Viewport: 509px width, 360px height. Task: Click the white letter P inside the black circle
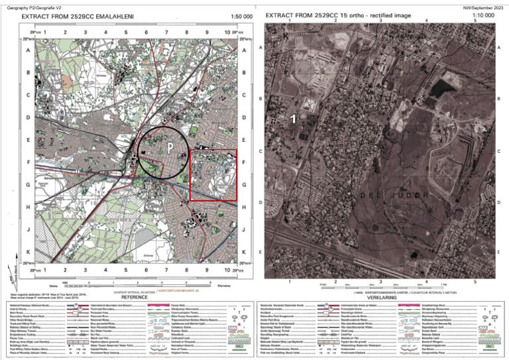(x=170, y=146)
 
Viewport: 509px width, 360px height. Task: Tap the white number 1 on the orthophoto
(x=293, y=119)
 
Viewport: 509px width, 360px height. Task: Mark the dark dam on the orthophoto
(x=439, y=87)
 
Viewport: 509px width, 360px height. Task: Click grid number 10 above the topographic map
(x=227, y=32)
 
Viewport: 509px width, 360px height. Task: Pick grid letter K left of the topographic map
(x=28, y=252)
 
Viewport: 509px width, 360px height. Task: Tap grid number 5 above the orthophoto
(x=475, y=21)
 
